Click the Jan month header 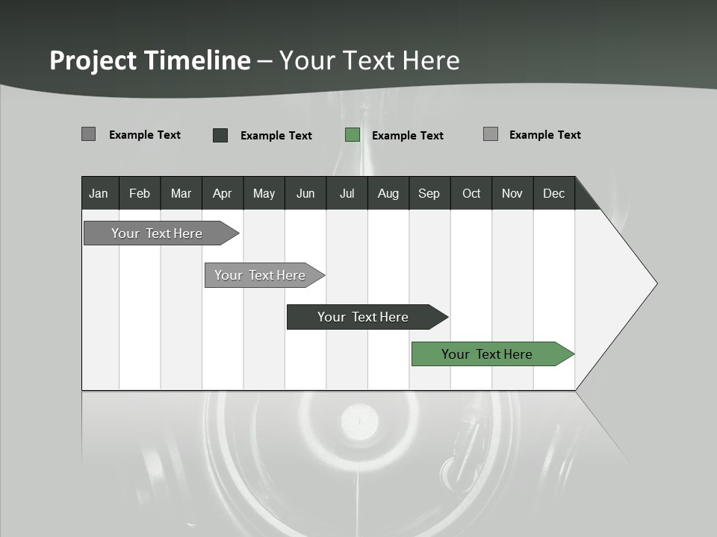(99, 193)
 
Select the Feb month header (140, 193)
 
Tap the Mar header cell (181, 193)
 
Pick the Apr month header (223, 193)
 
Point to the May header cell (264, 193)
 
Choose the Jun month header (305, 193)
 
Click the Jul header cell (347, 193)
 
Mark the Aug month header (388, 193)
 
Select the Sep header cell (429, 193)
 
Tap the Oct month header (471, 193)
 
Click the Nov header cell (512, 193)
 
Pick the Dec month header (554, 193)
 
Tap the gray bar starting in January (158, 233)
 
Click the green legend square (353, 135)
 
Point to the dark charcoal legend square (220, 135)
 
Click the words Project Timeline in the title (150, 60)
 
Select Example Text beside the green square (408, 136)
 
